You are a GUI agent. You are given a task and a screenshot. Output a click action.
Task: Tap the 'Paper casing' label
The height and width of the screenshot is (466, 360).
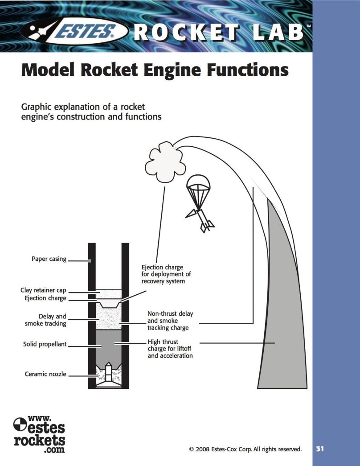[x=49, y=259]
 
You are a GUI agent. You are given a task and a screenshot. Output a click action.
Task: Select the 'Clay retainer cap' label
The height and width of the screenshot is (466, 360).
[x=43, y=290]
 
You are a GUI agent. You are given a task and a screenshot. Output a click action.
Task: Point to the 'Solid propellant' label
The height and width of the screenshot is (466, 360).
[x=45, y=344]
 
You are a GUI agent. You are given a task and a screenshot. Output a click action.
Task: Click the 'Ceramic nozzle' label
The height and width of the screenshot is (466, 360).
[x=45, y=374]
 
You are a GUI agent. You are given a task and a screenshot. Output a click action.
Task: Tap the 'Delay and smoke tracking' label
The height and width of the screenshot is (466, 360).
[x=45, y=320]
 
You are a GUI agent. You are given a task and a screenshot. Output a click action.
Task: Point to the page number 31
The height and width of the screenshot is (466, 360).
[x=320, y=449]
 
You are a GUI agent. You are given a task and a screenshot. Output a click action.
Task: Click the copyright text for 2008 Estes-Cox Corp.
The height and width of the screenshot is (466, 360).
[x=245, y=449]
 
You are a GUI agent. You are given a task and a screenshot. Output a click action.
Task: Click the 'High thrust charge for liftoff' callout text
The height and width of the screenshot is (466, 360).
[x=170, y=349]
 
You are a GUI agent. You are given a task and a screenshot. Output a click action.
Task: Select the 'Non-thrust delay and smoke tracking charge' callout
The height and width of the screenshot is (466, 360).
[x=170, y=321]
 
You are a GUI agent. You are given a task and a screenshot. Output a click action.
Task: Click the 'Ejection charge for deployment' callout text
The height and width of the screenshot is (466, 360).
[x=166, y=274]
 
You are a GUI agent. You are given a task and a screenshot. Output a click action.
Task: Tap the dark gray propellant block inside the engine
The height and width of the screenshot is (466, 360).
[x=109, y=346]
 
